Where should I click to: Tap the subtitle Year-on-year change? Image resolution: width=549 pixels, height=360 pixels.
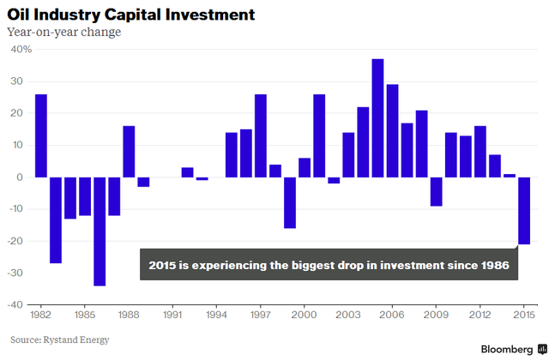click(x=63, y=33)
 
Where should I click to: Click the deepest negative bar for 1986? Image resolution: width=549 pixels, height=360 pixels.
click(x=100, y=231)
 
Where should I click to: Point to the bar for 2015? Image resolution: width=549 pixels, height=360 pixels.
click(x=524, y=211)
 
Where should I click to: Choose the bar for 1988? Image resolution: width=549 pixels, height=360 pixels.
click(x=129, y=152)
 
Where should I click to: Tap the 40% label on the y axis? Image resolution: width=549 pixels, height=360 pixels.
click(x=21, y=50)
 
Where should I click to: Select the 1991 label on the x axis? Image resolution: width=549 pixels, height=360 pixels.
click(x=172, y=315)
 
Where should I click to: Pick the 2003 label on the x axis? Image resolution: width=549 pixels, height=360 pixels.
click(x=348, y=315)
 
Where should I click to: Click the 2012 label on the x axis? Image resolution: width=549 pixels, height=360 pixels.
click(x=480, y=315)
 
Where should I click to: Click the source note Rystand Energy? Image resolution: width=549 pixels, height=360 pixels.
click(x=59, y=339)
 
